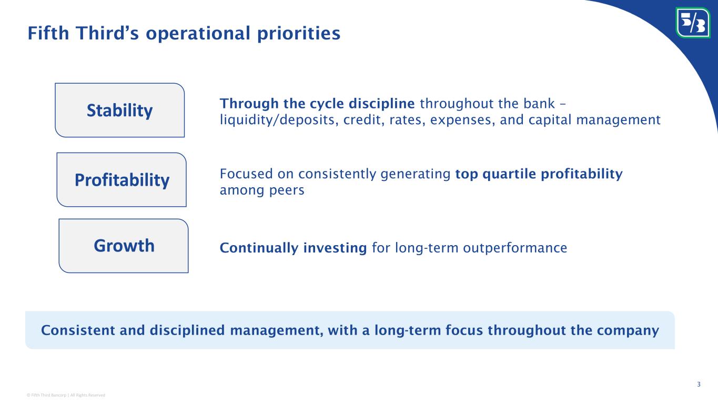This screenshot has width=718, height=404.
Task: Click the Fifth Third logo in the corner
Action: tap(692, 23)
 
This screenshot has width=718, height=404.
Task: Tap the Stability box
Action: tap(120, 110)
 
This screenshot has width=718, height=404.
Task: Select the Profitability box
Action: tap(122, 179)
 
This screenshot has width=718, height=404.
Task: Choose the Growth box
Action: tap(124, 246)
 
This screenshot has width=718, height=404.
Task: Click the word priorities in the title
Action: tap(299, 34)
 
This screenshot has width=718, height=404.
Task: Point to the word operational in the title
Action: tap(198, 34)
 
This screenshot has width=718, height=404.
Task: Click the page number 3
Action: tap(699, 384)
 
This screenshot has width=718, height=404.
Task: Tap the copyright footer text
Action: tap(66, 395)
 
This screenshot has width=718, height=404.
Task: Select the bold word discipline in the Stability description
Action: tap(381, 104)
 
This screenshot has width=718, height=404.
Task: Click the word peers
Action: tap(287, 190)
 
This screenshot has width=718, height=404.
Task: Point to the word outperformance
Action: tap(515, 248)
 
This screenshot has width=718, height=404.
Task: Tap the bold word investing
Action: tap(335, 248)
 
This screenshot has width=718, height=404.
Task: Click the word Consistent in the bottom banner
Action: tap(78, 330)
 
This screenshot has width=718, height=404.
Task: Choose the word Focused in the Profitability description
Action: tap(246, 174)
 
